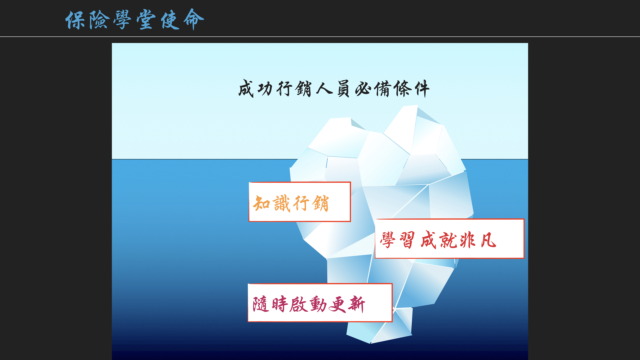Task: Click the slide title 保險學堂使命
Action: coord(135,19)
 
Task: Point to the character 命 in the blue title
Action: coord(194,19)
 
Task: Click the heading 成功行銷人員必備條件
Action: coord(334,89)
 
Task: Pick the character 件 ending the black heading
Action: coord(422,89)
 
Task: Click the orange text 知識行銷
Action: coord(291,203)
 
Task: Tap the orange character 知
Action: coord(261,203)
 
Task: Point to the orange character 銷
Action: coord(321,203)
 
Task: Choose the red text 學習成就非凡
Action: coord(438,240)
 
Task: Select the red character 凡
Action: coord(488,240)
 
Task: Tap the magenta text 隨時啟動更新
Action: coord(309,304)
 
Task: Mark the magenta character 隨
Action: coord(261,304)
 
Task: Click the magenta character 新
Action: coord(357,304)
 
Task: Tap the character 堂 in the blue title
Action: coord(146,20)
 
